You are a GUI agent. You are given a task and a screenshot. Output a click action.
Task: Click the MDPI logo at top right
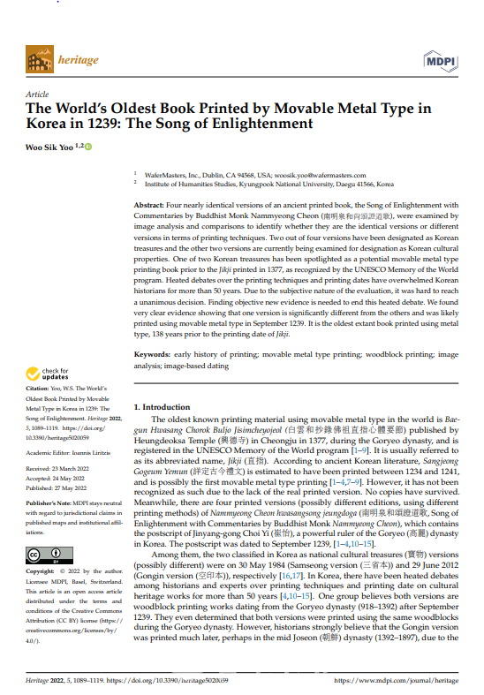click(441, 61)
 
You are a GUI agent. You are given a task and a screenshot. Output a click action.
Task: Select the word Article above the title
click(37, 93)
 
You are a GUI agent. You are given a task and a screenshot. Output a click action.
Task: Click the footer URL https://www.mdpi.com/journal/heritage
click(397, 681)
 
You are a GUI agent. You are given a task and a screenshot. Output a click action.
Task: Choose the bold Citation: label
click(39, 389)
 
